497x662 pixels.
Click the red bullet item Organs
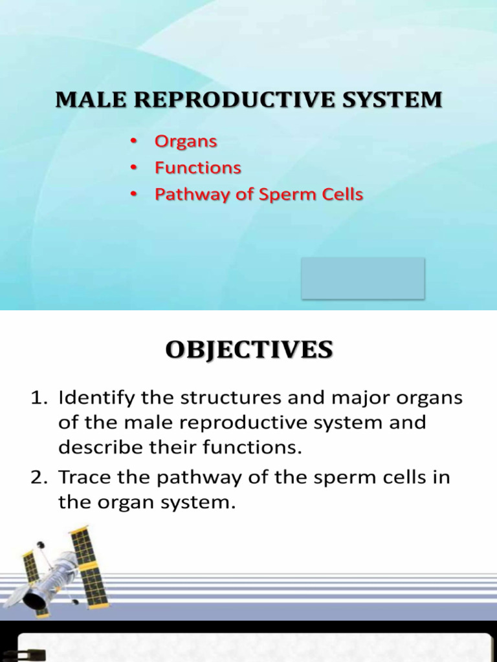click(186, 142)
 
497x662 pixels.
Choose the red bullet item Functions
click(197, 168)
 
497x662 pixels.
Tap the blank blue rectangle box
click(362, 278)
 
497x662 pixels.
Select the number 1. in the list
click(40, 398)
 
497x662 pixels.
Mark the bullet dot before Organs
click(133, 142)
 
